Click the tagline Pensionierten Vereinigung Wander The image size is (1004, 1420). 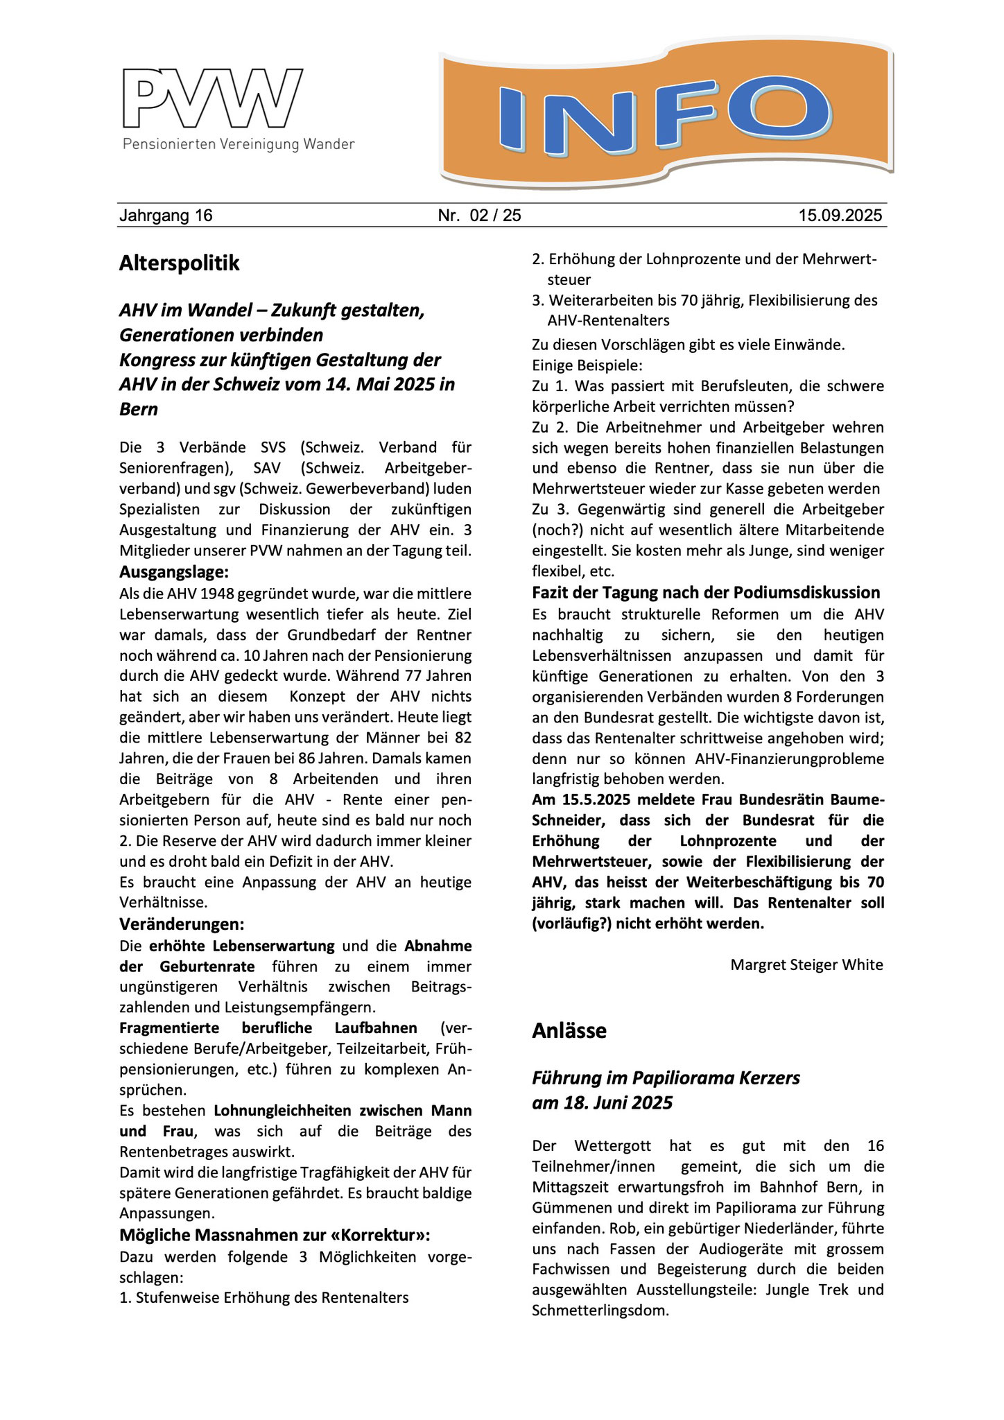point(239,144)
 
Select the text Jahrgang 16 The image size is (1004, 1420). point(166,216)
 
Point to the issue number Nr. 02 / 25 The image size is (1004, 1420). point(479,216)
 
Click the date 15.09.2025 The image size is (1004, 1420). point(840,216)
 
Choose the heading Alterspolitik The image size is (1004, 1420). point(179,263)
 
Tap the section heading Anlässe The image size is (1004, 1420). point(569,1031)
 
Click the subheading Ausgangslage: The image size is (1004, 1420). point(174,572)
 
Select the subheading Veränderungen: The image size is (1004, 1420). point(182,924)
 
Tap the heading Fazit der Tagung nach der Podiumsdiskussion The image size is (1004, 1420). point(706,593)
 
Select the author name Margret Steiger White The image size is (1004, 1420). point(806,965)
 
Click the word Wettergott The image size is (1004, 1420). point(613,1146)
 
